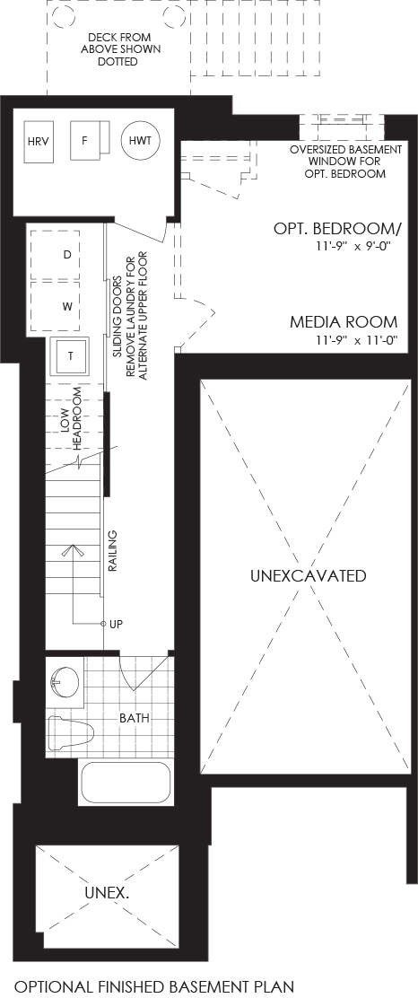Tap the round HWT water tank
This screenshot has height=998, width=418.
(141, 140)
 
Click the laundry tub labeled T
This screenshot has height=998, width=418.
(71, 356)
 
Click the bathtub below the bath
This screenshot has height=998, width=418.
(125, 783)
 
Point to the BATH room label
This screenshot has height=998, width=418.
(135, 718)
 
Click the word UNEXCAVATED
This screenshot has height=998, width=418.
(308, 576)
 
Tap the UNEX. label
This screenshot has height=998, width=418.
(107, 893)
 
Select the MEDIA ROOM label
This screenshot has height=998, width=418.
(344, 322)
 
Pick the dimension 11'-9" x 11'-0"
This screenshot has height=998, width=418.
(361, 340)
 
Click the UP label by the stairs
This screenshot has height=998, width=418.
(116, 625)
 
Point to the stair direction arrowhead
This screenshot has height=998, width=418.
(74, 548)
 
